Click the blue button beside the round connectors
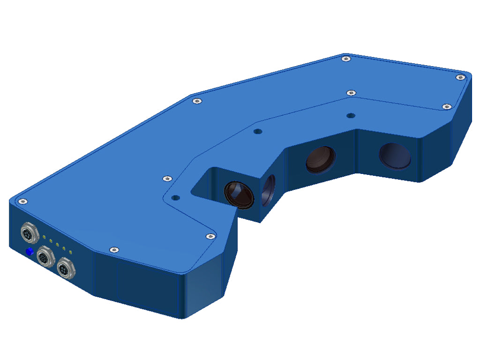click(x=30, y=252)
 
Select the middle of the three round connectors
click(x=45, y=256)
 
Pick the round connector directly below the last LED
click(x=64, y=269)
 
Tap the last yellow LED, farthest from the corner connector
click(x=70, y=253)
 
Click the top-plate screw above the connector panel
click(x=22, y=201)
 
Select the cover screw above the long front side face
click(x=112, y=250)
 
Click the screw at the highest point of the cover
click(x=346, y=59)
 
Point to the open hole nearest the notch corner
click(x=175, y=198)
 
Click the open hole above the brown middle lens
click(x=256, y=132)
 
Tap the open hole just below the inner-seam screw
click(x=350, y=115)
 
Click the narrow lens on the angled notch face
click(x=269, y=190)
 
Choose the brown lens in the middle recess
click(x=321, y=158)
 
